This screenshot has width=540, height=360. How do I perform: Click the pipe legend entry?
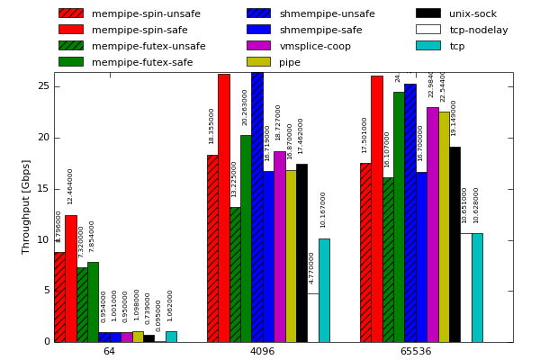[290, 62]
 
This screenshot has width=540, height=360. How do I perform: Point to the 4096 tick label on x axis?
[262, 351]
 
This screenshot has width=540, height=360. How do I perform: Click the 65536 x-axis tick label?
[415, 351]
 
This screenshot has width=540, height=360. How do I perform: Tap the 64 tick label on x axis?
[109, 351]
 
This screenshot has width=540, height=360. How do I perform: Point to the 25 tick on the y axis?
[43, 85]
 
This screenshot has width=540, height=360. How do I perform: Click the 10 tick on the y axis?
[43, 239]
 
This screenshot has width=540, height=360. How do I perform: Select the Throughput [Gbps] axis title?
[26, 206]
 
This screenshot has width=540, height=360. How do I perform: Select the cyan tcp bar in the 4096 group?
[324, 290]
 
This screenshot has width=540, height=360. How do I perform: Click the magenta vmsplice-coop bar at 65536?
[433, 225]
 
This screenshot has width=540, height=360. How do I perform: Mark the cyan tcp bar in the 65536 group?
[477, 287]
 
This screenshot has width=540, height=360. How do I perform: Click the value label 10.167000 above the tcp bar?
[324, 209]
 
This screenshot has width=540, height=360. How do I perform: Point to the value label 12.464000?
[70, 186]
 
